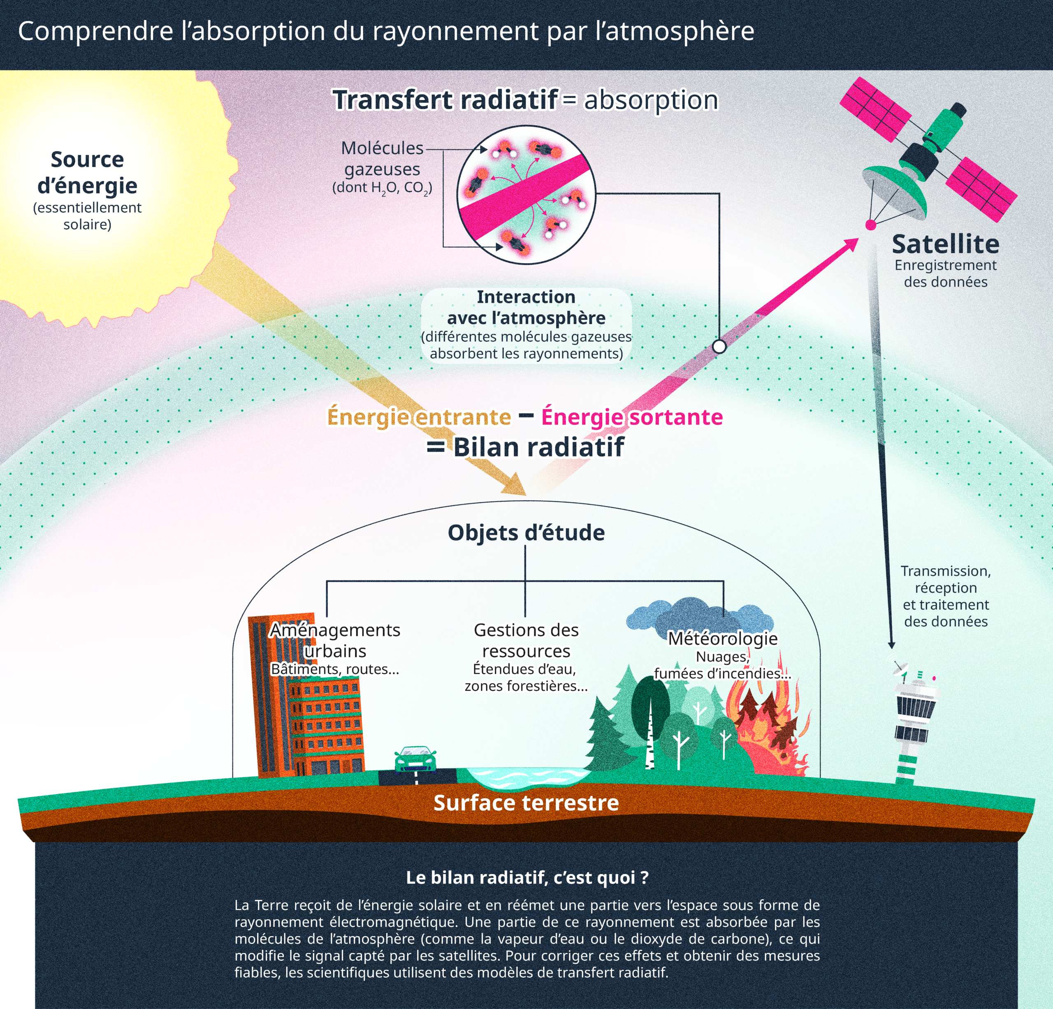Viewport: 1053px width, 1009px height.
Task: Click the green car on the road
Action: [x=415, y=759]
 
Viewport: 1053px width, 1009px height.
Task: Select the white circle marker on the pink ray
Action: [x=719, y=346]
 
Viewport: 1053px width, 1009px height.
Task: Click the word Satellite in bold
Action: [x=946, y=244]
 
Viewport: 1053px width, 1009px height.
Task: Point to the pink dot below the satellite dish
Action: [x=870, y=225]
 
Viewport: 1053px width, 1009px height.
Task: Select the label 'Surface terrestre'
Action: [x=526, y=803]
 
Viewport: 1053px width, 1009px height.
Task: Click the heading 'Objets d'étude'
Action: [x=526, y=533]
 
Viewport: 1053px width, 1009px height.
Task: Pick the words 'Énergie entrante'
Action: [x=419, y=417]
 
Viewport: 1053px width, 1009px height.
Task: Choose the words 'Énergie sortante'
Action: [x=632, y=417]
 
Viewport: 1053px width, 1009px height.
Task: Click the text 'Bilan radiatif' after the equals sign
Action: [x=538, y=447]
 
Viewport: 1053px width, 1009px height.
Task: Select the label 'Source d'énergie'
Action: [x=87, y=172]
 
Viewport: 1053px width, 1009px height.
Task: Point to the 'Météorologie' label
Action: [x=723, y=638]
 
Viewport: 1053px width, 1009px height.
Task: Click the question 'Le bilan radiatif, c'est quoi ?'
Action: [x=527, y=877]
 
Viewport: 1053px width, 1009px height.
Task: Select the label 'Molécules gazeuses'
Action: [x=382, y=158]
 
